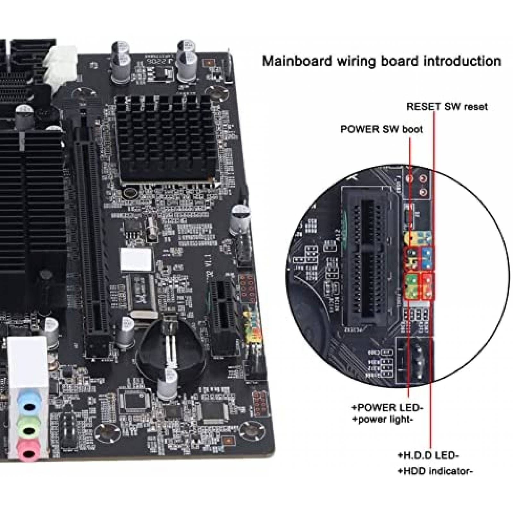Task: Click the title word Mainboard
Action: point(297,61)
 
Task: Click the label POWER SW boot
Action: point(381,129)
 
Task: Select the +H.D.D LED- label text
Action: point(428,455)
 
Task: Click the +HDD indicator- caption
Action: point(435,471)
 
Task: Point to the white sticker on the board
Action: point(136,258)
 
